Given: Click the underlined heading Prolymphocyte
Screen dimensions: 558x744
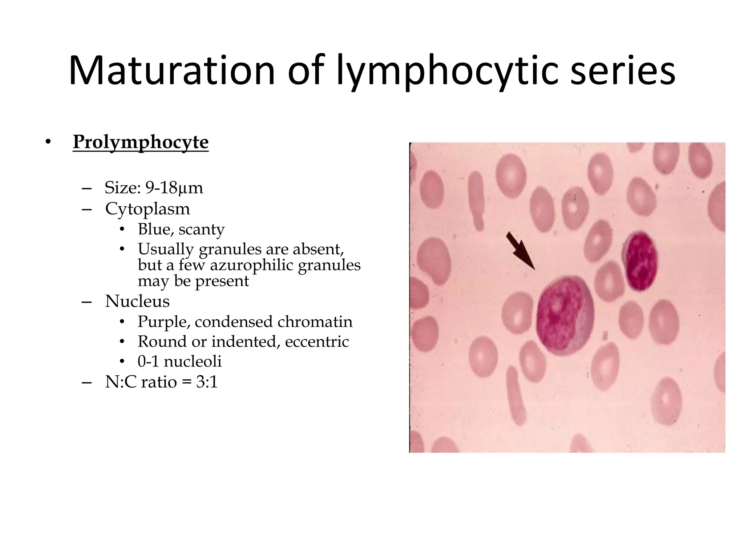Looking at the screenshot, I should click(141, 142).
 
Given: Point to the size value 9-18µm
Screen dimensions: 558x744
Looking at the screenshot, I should click(174, 188).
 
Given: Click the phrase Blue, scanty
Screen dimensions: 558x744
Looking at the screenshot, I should click(181, 229).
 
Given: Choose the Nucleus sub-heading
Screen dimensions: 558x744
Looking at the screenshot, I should click(137, 301).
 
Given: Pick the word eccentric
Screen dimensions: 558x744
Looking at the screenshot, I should click(316, 341).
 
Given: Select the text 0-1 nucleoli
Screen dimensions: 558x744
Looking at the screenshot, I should click(179, 361).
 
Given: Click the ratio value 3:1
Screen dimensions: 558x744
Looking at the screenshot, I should click(207, 382).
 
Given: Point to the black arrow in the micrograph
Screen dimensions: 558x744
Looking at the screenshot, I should click(520, 250).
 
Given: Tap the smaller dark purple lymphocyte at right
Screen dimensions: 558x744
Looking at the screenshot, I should click(640, 260).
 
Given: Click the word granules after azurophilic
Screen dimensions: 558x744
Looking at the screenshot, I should click(329, 265).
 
